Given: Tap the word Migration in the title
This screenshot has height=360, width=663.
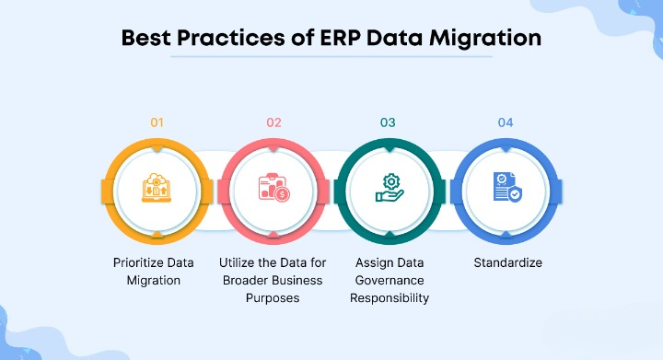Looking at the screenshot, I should pos(488,40).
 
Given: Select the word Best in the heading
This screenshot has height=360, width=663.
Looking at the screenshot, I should pos(151,40).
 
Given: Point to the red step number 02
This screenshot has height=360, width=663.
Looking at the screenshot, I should pos(273,122).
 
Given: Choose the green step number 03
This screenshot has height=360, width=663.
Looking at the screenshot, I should pos(388,122).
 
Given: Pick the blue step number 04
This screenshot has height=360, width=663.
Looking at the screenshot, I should pos(506,122).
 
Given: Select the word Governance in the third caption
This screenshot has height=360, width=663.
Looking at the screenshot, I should pos(389,280).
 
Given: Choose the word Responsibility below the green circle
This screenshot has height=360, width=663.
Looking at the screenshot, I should pos(389,297).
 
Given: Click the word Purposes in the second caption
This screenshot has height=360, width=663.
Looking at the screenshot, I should pos(274,297).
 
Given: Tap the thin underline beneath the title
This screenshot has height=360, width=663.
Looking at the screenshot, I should pos(331,58).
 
